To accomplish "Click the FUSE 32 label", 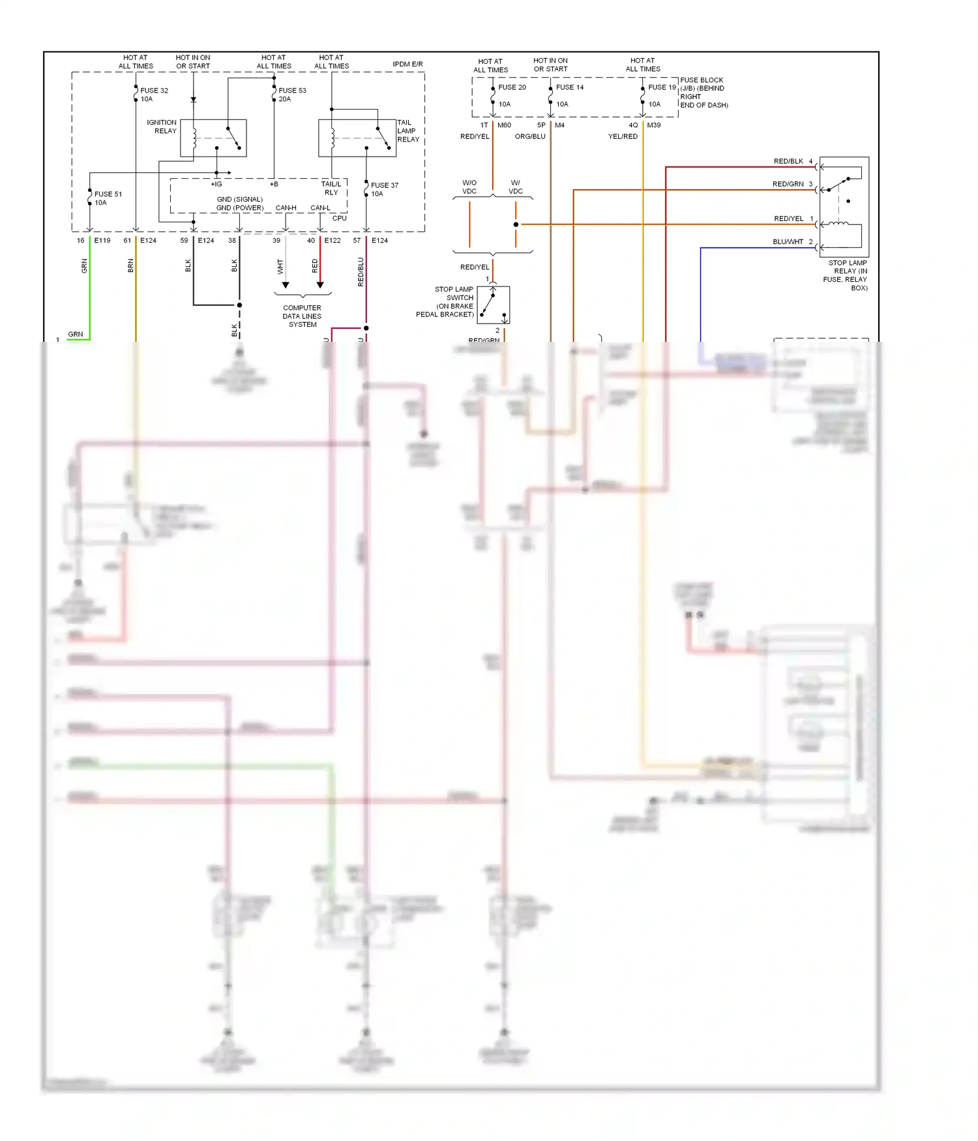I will [154, 91].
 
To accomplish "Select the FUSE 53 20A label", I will [291, 95].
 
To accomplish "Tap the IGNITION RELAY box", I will [213, 138].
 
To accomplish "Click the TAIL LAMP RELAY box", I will [357, 138].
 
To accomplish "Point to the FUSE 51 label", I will [108, 194].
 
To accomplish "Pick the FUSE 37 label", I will [384, 185].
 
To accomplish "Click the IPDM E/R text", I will [407, 64].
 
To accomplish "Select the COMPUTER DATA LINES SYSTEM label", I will [302, 316].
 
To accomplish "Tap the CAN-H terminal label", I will [286, 208].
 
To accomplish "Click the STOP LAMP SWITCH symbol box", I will [494, 305].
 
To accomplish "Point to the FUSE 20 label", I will [512, 87].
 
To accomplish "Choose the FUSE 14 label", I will [569, 87].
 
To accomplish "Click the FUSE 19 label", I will [662, 87].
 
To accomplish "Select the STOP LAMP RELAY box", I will [844, 207].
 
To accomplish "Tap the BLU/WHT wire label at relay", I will [788, 242].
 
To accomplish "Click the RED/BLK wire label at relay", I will [788, 161].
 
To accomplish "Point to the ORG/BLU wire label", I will [530, 136].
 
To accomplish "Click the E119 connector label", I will [102, 241].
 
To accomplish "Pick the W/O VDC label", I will [469, 187].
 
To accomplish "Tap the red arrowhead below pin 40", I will [320, 285].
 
